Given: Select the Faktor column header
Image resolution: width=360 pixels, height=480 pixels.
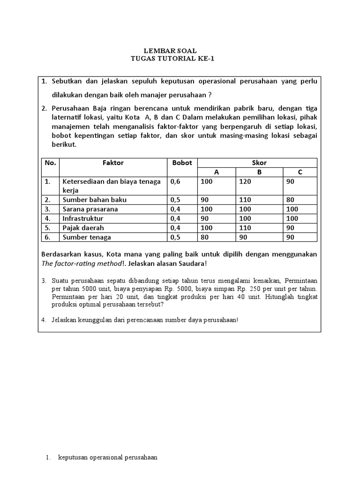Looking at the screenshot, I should coord(113,163).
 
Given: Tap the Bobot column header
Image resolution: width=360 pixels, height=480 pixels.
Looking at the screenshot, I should coord(182,163).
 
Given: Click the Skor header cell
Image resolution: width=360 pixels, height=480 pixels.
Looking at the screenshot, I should coord(259,163).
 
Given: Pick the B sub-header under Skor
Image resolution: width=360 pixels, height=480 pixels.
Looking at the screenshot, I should coord(259,172).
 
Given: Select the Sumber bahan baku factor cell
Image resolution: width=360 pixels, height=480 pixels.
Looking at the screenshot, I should coord(94,200).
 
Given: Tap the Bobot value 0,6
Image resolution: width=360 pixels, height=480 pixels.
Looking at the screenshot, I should coord(176,181).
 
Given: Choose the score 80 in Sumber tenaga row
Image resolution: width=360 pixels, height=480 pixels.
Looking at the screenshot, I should coord(204,237).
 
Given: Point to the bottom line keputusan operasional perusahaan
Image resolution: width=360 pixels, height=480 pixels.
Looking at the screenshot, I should coord(107,457).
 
